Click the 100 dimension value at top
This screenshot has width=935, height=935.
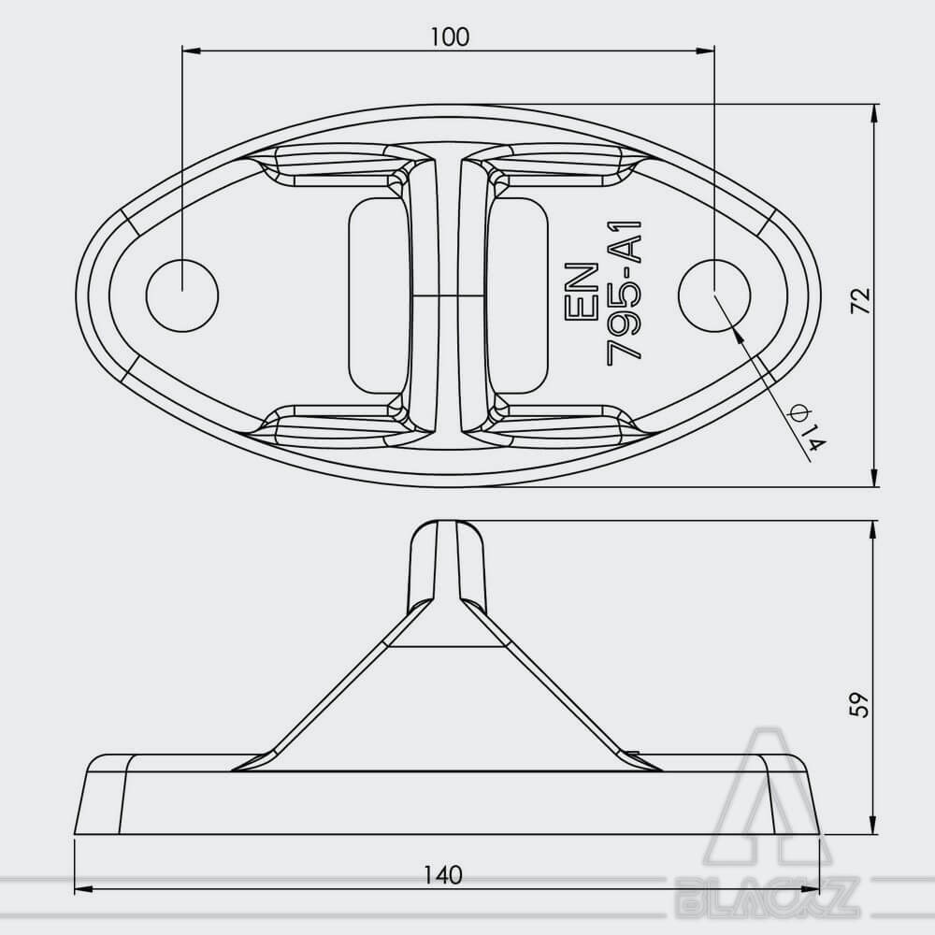(x=451, y=37)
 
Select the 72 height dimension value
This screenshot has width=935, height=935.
(x=860, y=300)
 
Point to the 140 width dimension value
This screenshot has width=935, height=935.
(x=443, y=875)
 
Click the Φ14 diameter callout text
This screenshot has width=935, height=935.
(x=807, y=427)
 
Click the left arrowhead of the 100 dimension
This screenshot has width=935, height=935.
(x=190, y=51)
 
